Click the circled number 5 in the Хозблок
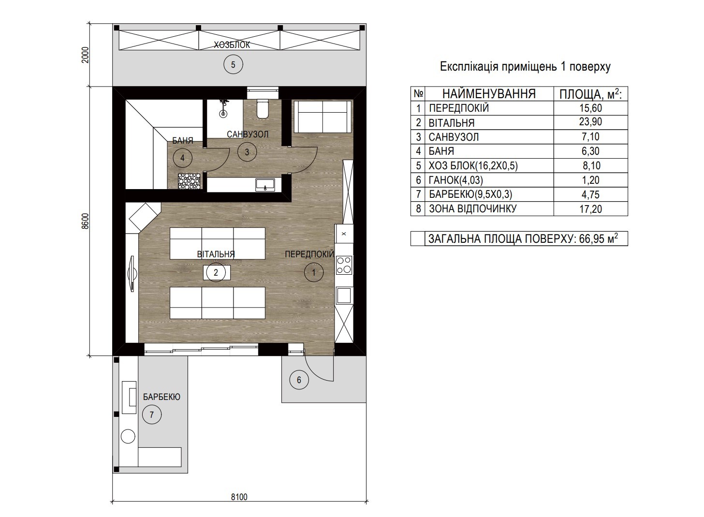pos(233,64)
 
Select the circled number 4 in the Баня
pos(182,158)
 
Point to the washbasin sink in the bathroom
pos(265,185)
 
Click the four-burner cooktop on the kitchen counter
pos(344,265)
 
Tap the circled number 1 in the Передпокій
pos(314,272)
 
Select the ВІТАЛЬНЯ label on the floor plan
pos(216,254)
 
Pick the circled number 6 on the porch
pos(299,380)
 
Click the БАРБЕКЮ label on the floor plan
pos(161,397)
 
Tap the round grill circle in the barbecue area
pos(128,436)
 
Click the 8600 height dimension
pos(85,221)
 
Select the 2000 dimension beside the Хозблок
pos(85,55)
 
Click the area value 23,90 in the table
pos(590,122)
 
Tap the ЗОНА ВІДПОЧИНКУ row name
pos(473,208)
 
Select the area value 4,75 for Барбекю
pos(590,194)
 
